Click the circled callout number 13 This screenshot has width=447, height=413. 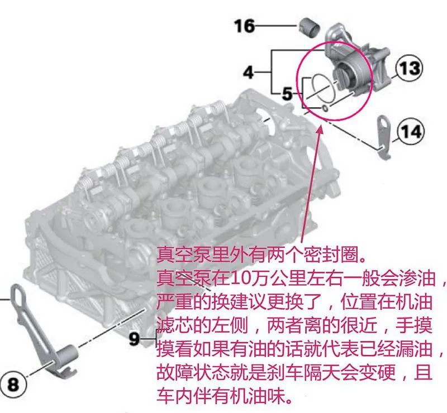click(x=409, y=68)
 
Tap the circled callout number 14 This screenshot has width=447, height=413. click(x=411, y=132)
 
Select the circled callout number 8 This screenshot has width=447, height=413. click(x=13, y=384)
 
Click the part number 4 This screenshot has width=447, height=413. click(x=248, y=73)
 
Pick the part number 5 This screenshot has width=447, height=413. click(x=287, y=94)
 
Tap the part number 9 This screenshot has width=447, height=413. click(x=134, y=339)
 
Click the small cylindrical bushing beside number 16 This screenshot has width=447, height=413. click(x=310, y=28)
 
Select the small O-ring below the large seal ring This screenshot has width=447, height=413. click(x=325, y=108)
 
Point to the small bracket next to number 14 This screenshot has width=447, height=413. click(x=384, y=137)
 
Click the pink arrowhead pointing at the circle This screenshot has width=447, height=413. click(x=320, y=129)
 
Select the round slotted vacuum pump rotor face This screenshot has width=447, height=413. click(x=344, y=76)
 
